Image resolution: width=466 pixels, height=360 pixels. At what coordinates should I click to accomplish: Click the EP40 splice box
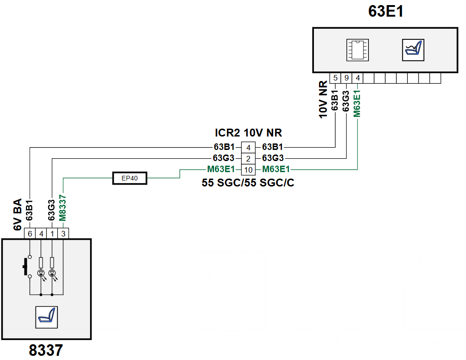click(129, 178)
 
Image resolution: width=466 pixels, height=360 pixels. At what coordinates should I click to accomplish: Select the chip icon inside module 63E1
click(357, 50)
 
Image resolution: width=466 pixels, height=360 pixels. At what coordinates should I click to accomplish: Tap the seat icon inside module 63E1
click(413, 50)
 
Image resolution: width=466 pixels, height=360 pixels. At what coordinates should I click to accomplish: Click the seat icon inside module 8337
click(47, 317)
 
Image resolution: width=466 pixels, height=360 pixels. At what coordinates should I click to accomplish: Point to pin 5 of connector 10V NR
click(335, 78)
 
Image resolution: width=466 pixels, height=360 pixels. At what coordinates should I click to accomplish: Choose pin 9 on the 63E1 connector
click(346, 78)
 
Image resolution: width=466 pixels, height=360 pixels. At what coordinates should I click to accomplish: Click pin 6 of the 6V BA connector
click(30, 234)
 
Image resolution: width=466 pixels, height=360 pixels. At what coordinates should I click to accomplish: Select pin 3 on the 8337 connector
click(63, 234)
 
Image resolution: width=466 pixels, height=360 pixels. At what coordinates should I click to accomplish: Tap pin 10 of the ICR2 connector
click(248, 170)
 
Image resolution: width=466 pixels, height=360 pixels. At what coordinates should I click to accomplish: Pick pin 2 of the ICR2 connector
click(248, 159)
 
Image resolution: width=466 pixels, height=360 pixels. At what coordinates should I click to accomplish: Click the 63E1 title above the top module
click(386, 11)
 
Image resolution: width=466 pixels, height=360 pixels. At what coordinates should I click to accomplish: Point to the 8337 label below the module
click(46, 350)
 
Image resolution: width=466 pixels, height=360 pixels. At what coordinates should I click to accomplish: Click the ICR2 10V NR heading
click(248, 133)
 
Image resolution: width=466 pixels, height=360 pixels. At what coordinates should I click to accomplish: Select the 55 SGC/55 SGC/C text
click(248, 182)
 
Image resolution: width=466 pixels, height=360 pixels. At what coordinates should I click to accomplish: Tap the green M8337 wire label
click(62, 208)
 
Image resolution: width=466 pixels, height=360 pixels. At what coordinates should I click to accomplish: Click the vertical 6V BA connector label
click(18, 215)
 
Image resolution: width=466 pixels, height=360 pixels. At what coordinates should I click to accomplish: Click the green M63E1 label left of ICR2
click(221, 169)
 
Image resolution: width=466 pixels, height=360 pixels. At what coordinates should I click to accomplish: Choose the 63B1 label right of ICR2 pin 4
click(273, 147)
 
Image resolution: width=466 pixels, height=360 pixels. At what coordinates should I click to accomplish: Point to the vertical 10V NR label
click(323, 99)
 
